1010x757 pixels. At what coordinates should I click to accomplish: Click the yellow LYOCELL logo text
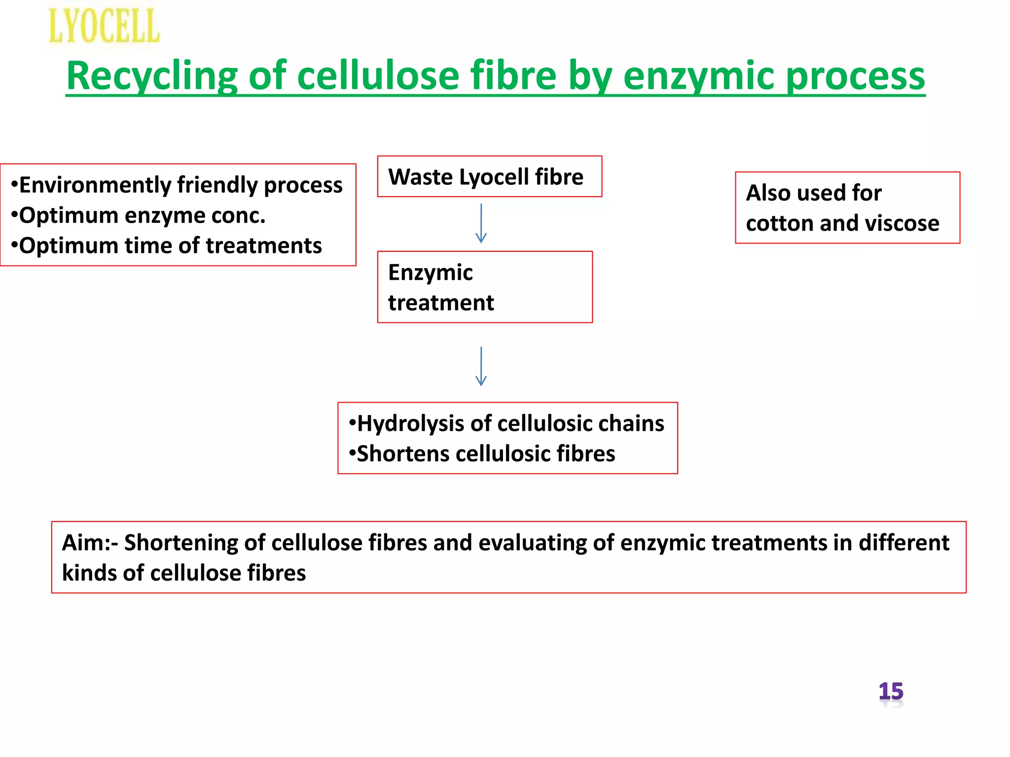(104, 26)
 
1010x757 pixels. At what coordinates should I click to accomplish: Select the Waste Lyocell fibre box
(489, 176)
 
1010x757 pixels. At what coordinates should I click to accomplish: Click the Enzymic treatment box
(484, 287)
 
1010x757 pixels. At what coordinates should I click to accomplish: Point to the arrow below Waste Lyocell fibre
(481, 223)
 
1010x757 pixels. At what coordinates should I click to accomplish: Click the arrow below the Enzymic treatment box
(481, 366)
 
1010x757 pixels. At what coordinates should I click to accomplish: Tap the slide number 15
(891, 691)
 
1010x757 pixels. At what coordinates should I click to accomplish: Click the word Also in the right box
(768, 193)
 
